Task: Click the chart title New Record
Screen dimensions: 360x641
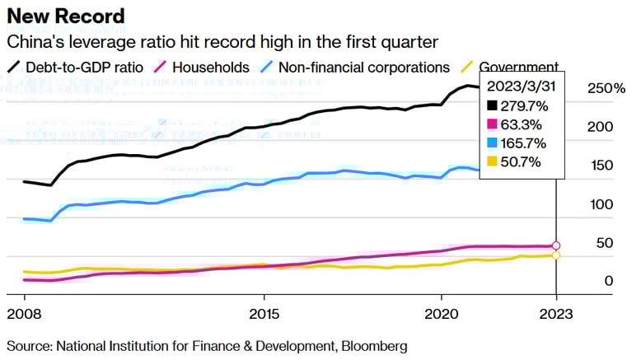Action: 66,16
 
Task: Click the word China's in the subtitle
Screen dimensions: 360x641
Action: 34,41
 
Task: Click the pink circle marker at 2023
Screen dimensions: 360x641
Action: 556,245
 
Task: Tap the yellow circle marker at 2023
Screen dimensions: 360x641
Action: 556,255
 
